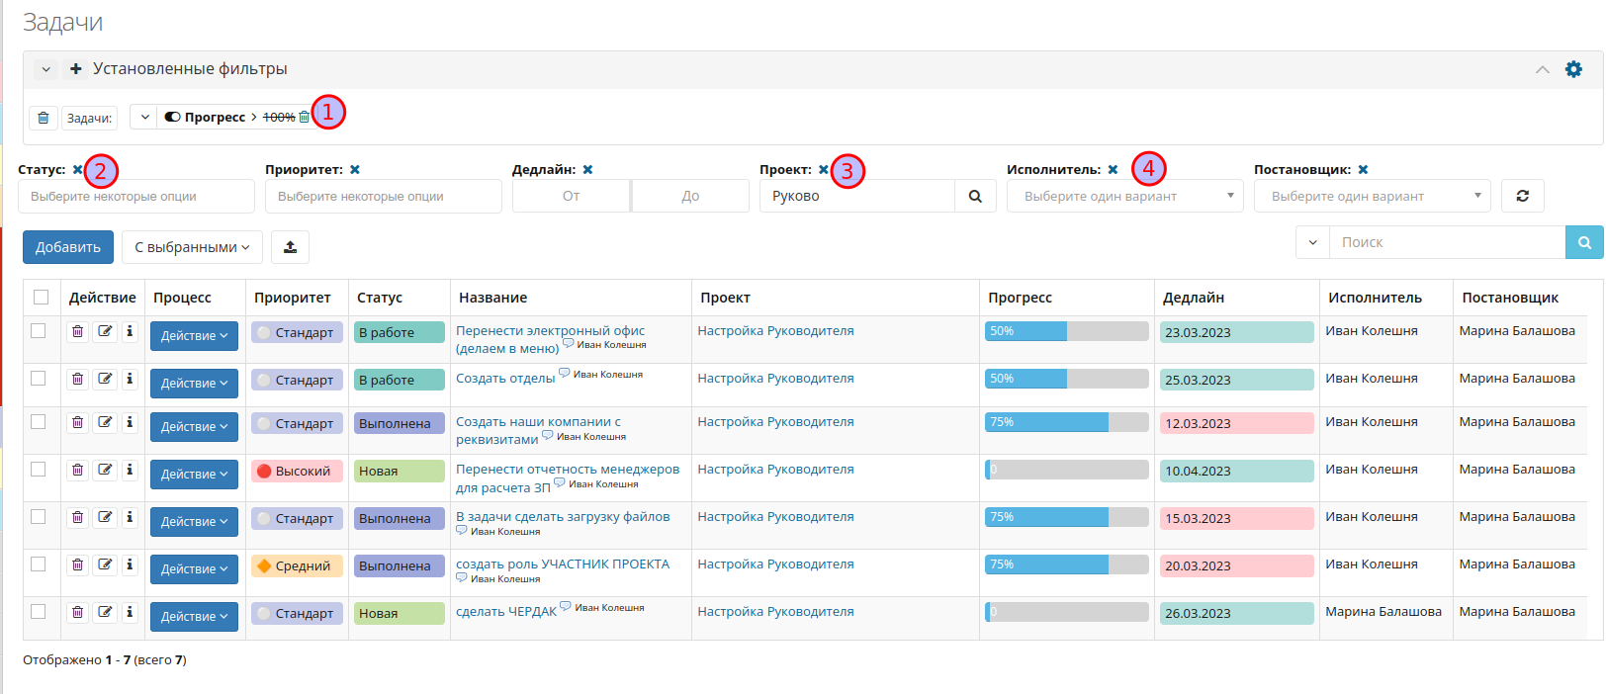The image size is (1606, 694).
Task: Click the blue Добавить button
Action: click(68, 246)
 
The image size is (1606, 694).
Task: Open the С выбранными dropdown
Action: click(192, 246)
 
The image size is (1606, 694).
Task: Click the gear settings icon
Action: click(1573, 69)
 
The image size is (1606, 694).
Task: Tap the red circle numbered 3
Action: click(848, 171)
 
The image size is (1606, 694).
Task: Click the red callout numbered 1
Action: click(328, 112)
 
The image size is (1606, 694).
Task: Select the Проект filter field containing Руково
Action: click(857, 196)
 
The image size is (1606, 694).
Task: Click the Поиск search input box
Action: click(1448, 242)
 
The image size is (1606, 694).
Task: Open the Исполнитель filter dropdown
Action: click(1125, 196)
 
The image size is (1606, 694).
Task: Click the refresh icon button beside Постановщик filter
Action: click(1523, 196)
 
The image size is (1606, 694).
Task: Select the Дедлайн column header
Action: click(1193, 298)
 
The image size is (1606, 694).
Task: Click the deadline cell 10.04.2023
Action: click(1237, 471)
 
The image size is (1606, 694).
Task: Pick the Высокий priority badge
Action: click(297, 471)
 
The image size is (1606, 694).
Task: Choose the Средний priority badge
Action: click(297, 565)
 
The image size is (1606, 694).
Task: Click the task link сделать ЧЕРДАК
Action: click(506, 612)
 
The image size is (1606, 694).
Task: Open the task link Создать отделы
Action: click(505, 378)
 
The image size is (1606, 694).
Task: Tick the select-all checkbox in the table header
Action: click(42, 297)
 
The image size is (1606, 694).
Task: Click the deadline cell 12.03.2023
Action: click(1237, 423)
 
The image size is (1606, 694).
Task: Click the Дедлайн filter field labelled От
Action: click(572, 196)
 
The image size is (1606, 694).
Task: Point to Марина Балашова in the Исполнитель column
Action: click(1383, 612)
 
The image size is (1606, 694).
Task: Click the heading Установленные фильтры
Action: click(190, 69)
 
